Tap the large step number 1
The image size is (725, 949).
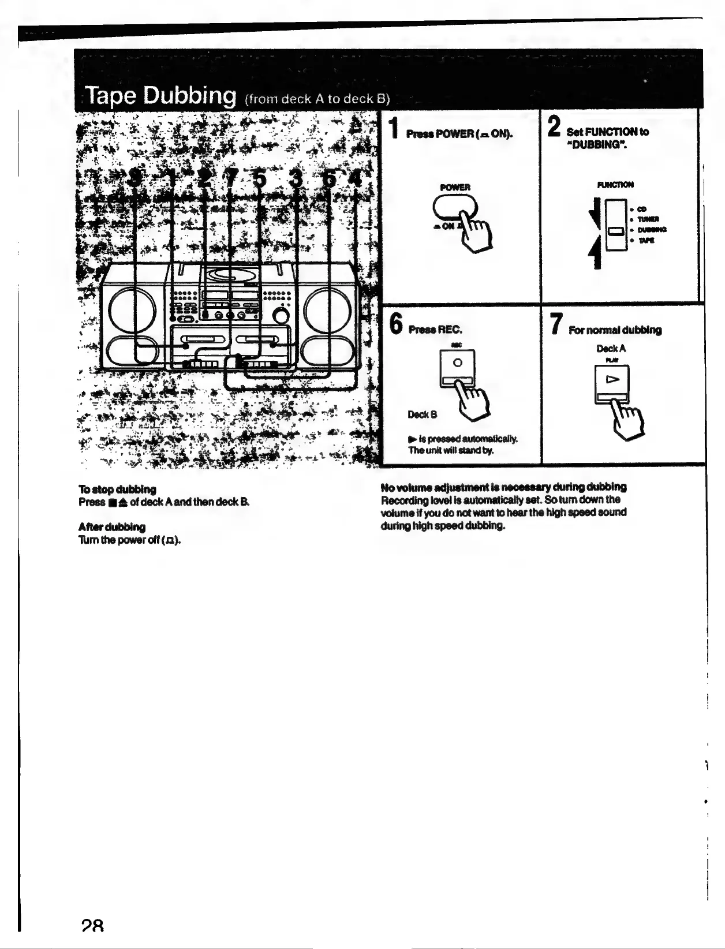point(393,128)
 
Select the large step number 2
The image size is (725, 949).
point(554,126)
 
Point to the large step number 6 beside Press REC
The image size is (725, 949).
point(395,323)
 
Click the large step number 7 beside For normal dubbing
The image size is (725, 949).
point(555,323)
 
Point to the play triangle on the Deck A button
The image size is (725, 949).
point(612,379)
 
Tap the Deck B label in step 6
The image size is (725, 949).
point(423,414)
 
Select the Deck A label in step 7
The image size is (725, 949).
point(611,349)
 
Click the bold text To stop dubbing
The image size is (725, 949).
point(117,489)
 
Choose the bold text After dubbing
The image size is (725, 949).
point(112,526)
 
